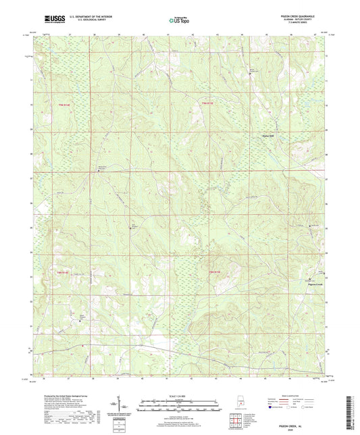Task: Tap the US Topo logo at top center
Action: [178, 21]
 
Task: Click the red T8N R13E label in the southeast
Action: [215, 272]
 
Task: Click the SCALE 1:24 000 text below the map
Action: [180, 394]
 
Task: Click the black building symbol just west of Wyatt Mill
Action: [259, 135]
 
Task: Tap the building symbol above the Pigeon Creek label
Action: [311, 278]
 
